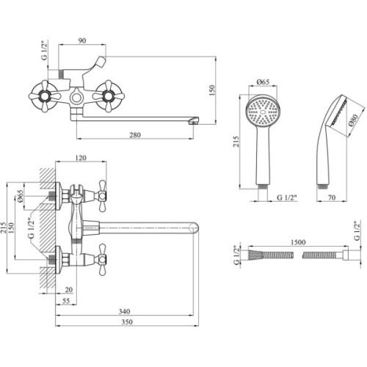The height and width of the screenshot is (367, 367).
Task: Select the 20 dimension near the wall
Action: (68, 289)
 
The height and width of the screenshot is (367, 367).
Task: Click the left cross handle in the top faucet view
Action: (53, 95)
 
